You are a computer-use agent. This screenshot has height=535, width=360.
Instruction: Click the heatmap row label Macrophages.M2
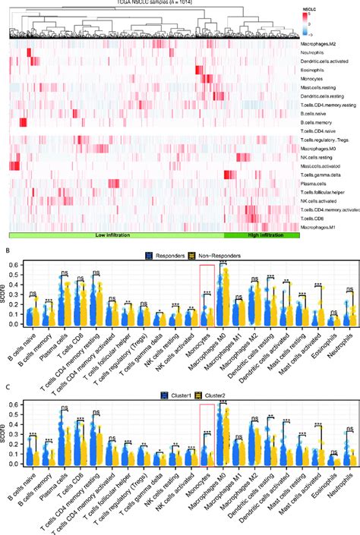pyautogui.click(x=322, y=47)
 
